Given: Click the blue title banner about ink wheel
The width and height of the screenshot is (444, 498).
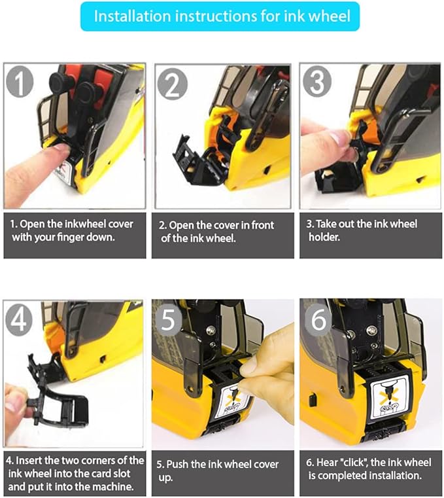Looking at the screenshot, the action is tap(220, 16).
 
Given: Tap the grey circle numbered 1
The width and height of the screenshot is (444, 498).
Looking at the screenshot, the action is tap(20, 82).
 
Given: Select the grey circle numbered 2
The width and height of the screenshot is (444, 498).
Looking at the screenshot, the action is tap(173, 84).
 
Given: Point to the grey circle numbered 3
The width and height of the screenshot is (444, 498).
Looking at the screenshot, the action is tap(317, 81).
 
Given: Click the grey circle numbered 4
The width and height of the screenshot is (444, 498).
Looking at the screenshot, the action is tap(19, 320).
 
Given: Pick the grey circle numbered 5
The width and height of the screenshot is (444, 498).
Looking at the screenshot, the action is tap(168, 320).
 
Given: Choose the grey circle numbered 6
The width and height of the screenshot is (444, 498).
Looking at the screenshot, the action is tap(318, 319).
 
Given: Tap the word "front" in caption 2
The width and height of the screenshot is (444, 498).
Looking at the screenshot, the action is tap(262, 225).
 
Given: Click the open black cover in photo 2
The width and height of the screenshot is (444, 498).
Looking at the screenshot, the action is tap(196, 160).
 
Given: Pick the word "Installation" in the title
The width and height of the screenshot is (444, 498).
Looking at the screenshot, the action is tap(132, 16).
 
